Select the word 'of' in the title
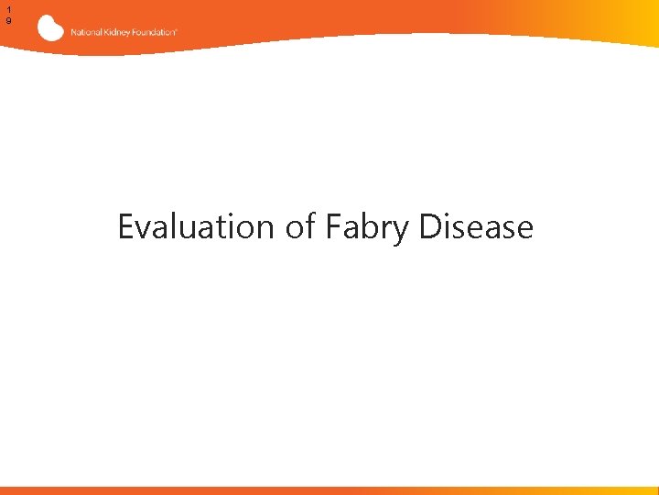pyautogui.click(x=299, y=226)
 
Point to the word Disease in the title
pyautogui.click(x=476, y=226)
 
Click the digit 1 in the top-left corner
pyautogui.click(x=8, y=7)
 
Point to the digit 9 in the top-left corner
pyautogui.click(x=8, y=20)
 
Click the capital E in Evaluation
pyautogui.click(x=126, y=226)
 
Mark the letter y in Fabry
pyautogui.click(x=403, y=230)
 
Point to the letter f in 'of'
pyautogui.click(x=309, y=225)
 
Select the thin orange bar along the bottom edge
pyautogui.click(x=329, y=490)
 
